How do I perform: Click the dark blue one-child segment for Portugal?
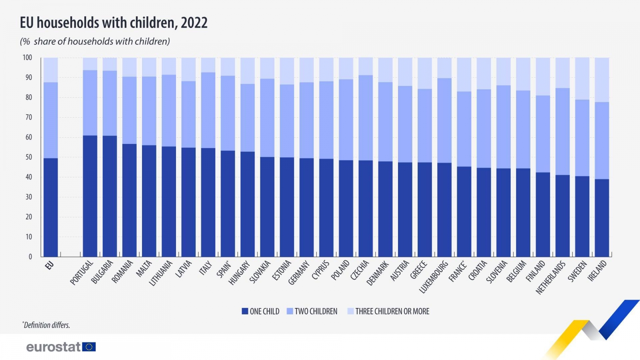pyautogui.click(x=90, y=196)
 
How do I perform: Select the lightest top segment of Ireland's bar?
pyautogui.click(x=602, y=80)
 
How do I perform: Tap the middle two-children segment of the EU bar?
pyautogui.click(x=51, y=120)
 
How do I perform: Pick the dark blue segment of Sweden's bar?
pyautogui.click(x=582, y=216)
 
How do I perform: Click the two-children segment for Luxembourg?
pyautogui.click(x=444, y=120)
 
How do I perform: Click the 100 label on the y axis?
pyautogui.click(x=27, y=58)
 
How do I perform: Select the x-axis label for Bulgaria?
pyautogui.click(x=102, y=272)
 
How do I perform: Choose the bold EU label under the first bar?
pyautogui.click(x=49, y=265)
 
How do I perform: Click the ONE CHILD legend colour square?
pyautogui.click(x=245, y=311)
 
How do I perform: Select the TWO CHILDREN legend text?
pyautogui.click(x=316, y=311)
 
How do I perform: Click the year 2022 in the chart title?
pyautogui.click(x=194, y=23)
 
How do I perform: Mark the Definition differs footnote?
pyautogui.click(x=46, y=325)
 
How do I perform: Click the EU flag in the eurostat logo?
pyautogui.click(x=89, y=347)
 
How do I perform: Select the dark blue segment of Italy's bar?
pyautogui.click(x=208, y=202)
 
